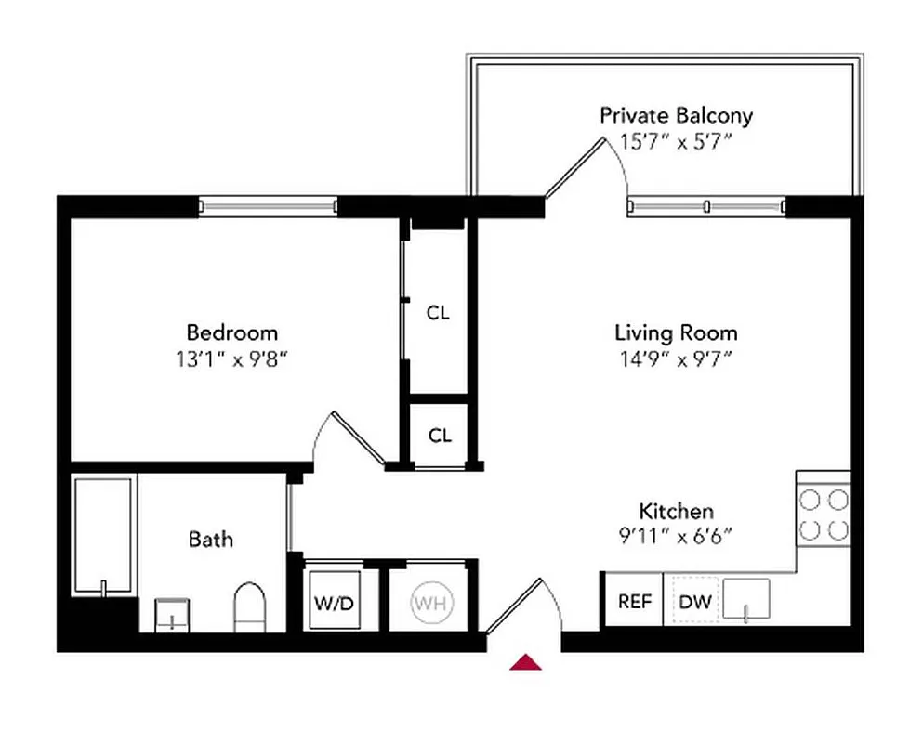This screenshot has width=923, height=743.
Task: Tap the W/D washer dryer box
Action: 334,602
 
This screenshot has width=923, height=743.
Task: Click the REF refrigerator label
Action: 635,601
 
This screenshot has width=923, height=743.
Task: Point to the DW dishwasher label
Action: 694,601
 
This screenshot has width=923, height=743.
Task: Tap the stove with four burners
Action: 824,515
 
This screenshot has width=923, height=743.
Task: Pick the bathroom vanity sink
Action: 172,614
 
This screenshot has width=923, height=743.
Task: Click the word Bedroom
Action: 232,332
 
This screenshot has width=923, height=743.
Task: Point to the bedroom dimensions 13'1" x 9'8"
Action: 232,358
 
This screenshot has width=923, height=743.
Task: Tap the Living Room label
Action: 676,332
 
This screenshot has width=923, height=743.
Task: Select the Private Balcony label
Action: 676,116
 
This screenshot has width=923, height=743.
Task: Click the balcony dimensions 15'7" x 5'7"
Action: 676,143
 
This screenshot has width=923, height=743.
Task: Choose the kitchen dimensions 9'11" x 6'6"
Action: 676,537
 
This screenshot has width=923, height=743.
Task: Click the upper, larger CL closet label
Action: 438,313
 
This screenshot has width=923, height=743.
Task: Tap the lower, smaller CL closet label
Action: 440,435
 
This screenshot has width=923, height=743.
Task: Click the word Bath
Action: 211,539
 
